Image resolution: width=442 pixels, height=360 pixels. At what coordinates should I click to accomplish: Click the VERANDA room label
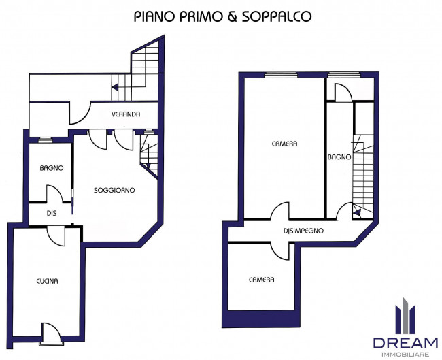[126, 114]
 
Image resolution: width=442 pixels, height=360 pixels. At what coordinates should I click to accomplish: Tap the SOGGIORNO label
[114, 190]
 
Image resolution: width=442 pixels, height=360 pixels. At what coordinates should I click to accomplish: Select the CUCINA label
[48, 281]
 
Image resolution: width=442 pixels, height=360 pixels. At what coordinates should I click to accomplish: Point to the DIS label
[52, 213]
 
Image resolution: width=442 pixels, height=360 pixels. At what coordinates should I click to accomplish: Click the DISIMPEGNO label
[303, 231]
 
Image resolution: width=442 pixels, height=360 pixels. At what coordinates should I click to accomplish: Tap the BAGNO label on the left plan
[52, 168]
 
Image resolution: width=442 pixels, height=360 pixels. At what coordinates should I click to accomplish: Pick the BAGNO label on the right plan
[339, 157]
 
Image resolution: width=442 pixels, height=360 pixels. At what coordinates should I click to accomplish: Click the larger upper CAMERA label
[284, 144]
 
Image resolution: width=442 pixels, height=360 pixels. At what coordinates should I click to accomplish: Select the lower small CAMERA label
[262, 280]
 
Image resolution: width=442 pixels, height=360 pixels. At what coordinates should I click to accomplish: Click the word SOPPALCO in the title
[277, 16]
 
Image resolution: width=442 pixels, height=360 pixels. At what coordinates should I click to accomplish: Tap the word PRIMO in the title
[201, 16]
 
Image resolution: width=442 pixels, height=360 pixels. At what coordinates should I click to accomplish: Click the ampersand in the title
[233, 16]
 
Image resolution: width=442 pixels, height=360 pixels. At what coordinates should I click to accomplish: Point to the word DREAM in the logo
[406, 343]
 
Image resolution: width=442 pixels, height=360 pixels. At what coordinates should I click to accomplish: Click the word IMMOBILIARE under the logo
[405, 355]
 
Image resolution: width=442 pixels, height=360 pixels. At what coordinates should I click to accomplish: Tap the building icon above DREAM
[405, 316]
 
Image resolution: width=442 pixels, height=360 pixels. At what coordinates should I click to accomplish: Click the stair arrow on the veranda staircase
[115, 87]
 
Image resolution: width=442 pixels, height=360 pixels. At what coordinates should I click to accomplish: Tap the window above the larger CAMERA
[281, 75]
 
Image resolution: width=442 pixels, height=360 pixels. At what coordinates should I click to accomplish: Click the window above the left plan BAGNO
[46, 140]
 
